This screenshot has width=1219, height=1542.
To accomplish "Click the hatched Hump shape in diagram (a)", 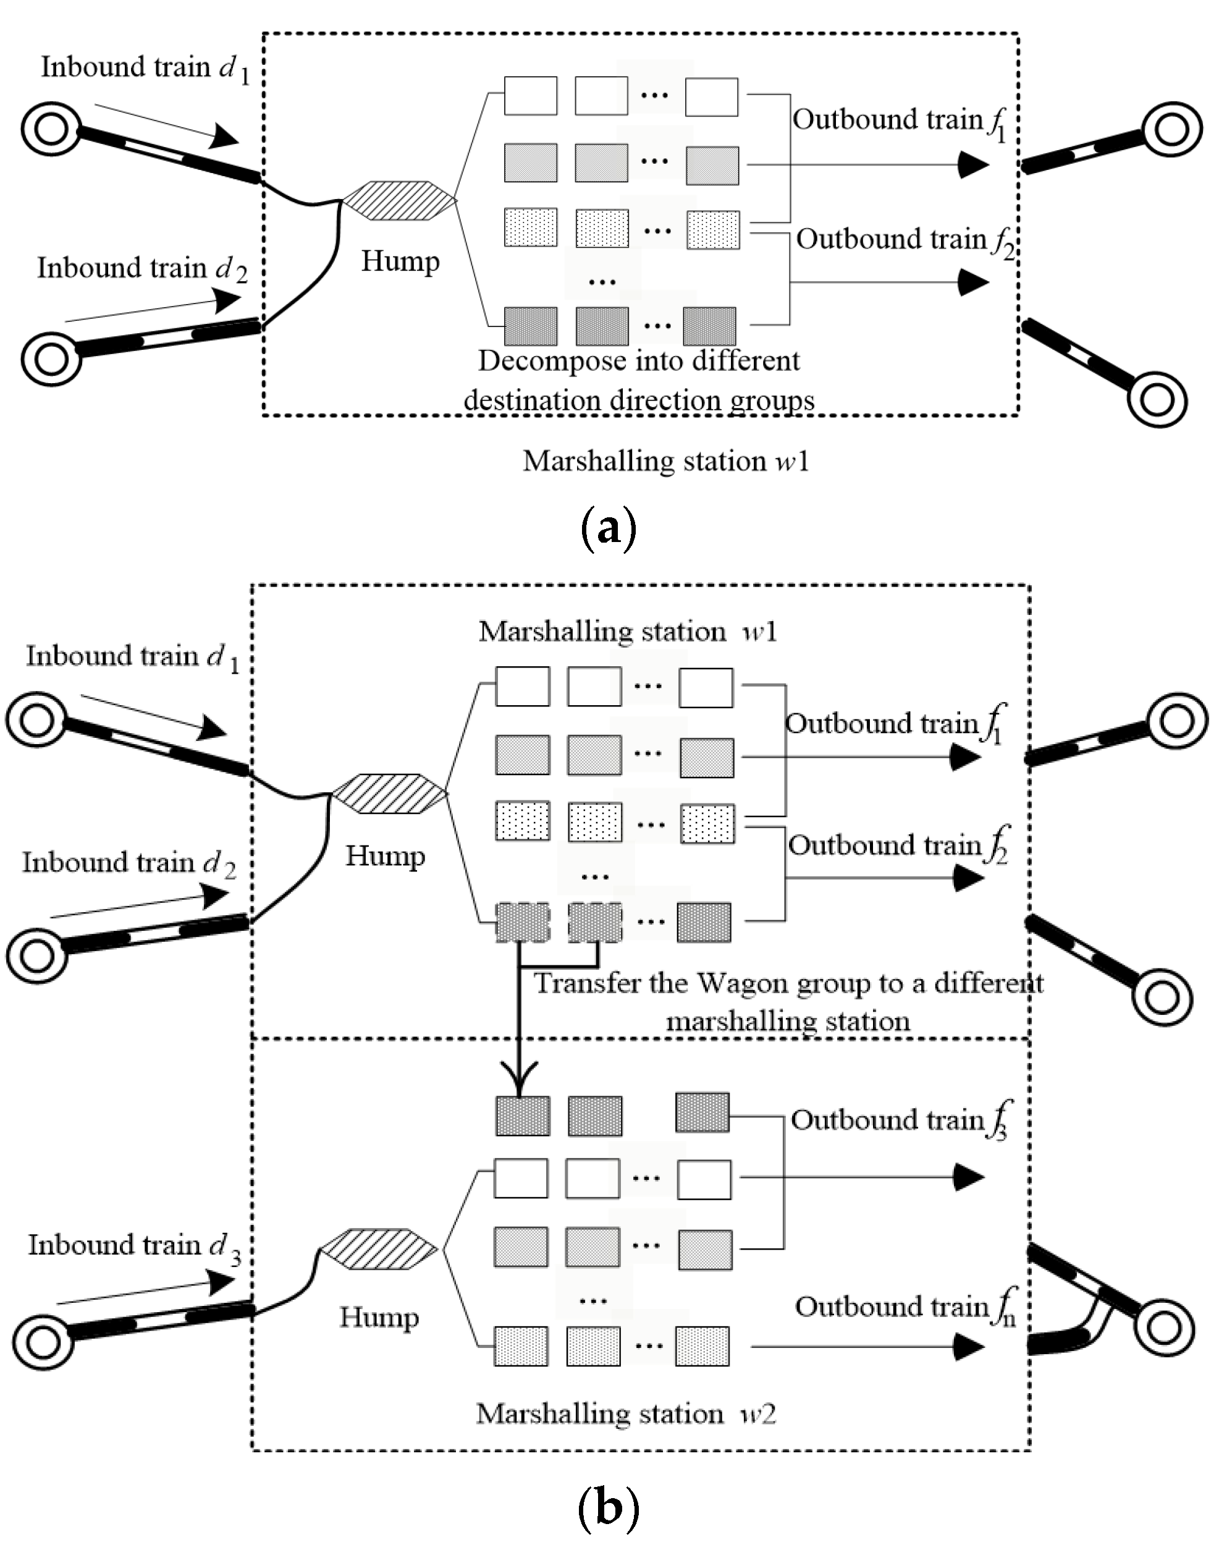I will [x=399, y=201].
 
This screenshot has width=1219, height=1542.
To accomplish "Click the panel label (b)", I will [x=607, y=1509].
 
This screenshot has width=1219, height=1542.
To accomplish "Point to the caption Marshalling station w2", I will [x=625, y=1413].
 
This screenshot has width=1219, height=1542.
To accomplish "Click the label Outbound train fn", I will [x=905, y=1307].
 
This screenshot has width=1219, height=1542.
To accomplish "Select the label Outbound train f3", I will [x=899, y=1120].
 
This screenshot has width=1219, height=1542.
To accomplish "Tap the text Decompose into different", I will [x=639, y=361].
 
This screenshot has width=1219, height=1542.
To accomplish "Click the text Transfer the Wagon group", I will [x=788, y=984].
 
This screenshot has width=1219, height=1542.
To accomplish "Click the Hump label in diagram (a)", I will [x=400, y=261].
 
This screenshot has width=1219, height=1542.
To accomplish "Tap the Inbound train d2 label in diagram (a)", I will [x=142, y=269].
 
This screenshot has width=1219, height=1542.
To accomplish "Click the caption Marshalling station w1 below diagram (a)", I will [x=666, y=461].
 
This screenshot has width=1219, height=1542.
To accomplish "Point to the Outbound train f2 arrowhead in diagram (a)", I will [x=972, y=282].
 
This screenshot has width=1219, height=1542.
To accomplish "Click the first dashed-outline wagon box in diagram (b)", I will [x=523, y=922].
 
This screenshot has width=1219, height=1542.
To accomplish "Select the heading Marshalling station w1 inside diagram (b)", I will [x=627, y=632].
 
